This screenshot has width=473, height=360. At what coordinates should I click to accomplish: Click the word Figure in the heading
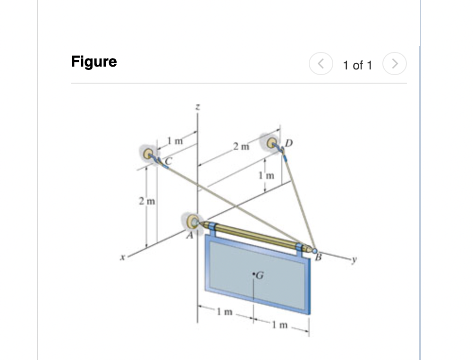pyautogui.click(x=94, y=62)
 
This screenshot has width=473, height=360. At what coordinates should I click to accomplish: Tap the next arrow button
pyautogui.click(x=395, y=64)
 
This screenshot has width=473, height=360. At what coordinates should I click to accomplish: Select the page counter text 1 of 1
pyautogui.click(x=357, y=65)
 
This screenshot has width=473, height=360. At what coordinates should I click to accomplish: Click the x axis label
pyautogui.click(x=122, y=257)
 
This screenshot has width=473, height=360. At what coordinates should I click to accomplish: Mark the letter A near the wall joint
pyautogui.click(x=191, y=237)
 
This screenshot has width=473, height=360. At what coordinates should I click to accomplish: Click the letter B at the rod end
pyautogui.click(x=318, y=258)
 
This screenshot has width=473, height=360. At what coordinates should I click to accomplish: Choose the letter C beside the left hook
pyautogui.click(x=167, y=161)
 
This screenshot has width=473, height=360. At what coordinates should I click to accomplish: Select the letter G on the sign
pyautogui.click(x=259, y=274)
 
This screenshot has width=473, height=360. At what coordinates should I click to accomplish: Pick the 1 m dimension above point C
pyautogui.click(x=175, y=140)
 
